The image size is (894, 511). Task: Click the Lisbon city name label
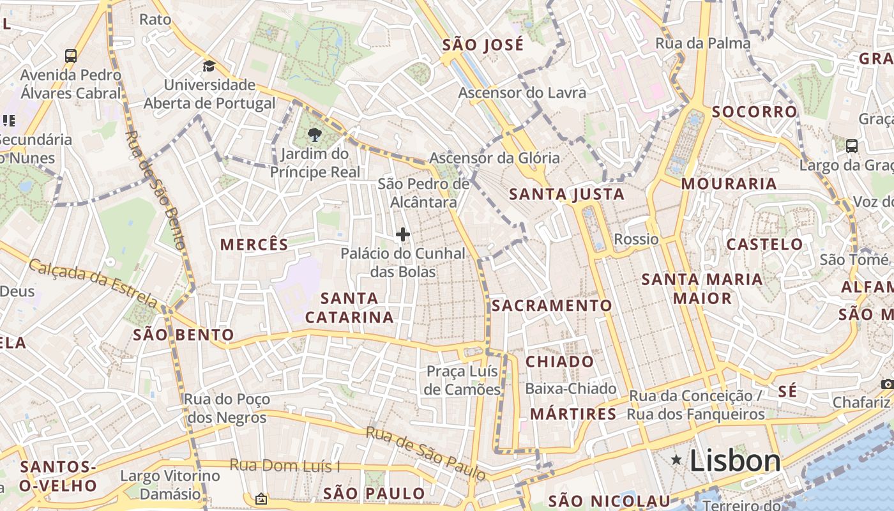pyautogui.click(x=735, y=461)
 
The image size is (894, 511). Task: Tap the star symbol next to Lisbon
pyautogui.click(x=676, y=460)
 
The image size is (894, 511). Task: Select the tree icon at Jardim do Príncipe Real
pyautogui.click(x=314, y=134)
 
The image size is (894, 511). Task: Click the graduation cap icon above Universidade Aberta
pyautogui.click(x=209, y=66)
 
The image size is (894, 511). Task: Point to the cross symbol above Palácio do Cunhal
pyautogui.click(x=403, y=235)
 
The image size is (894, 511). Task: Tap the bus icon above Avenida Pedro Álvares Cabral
pyautogui.click(x=71, y=56)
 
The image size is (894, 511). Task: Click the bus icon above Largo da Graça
pyautogui.click(x=851, y=146)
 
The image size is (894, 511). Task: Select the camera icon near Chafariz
pyautogui.click(x=887, y=384)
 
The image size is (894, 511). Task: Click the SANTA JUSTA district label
pyautogui.click(x=566, y=194)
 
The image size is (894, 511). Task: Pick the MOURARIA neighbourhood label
pyautogui.click(x=729, y=184)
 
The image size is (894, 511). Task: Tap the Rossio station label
pyautogui.click(x=636, y=240)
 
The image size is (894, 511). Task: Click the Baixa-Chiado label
pyautogui.click(x=570, y=388)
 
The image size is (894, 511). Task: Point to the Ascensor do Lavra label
pyautogui.click(x=522, y=93)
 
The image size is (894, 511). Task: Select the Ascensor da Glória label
pyautogui.click(x=494, y=158)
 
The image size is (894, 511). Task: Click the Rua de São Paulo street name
pyautogui.click(x=425, y=454)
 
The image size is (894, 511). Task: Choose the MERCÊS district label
pyautogui.click(x=254, y=244)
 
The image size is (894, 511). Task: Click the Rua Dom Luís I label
pyautogui.click(x=285, y=466)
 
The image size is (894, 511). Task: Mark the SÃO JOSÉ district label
pyautogui.click(x=483, y=45)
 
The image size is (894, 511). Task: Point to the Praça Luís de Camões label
pyautogui.click(x=463, y=381)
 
